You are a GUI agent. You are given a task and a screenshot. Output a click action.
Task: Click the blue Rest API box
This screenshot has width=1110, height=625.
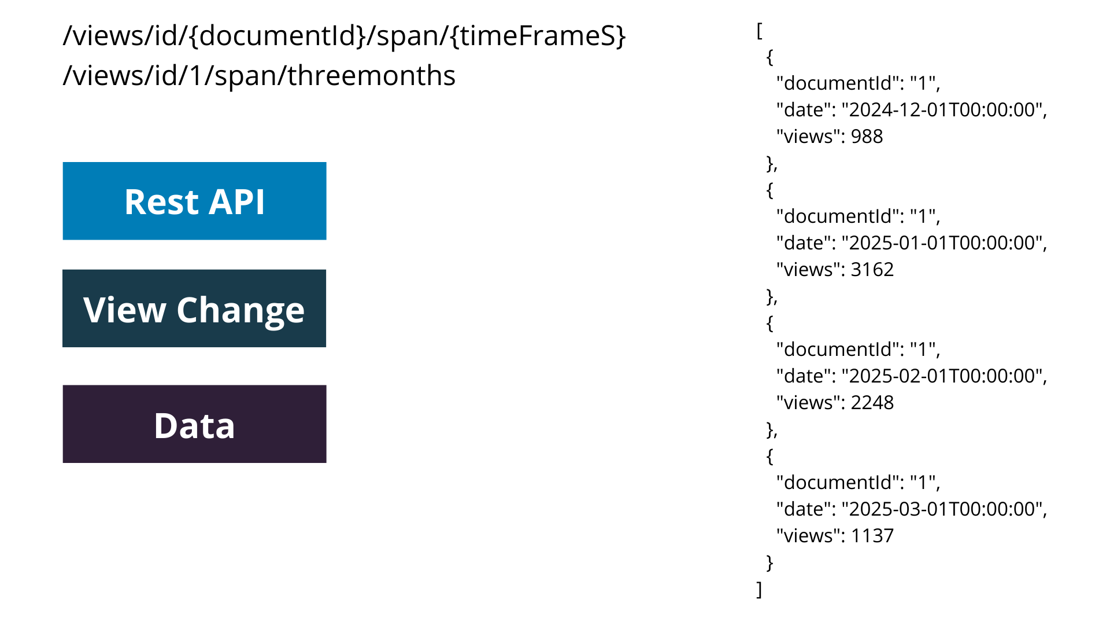(194, 201)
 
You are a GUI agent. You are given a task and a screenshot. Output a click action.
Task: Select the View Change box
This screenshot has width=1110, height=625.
(194, 308)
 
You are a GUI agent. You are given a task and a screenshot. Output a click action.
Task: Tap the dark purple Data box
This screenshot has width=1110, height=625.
(194, 424)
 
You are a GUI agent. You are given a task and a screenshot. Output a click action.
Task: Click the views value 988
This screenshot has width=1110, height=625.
(867, 137)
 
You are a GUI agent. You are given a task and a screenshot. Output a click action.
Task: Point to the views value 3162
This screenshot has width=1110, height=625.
(872, 270)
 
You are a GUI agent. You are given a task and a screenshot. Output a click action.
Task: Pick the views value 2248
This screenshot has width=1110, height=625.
(872, 403)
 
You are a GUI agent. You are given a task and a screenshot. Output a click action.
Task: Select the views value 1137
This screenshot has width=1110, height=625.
(872, 536)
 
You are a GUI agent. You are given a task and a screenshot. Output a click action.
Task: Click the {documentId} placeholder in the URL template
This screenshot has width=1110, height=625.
(277, 36)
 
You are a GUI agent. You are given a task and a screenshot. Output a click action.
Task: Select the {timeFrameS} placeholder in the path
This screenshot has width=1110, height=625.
(538, 36)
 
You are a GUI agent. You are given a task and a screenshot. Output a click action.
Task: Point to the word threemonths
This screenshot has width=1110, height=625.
(372, 76)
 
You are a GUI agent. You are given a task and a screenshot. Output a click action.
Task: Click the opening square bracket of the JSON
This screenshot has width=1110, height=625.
(760, 31)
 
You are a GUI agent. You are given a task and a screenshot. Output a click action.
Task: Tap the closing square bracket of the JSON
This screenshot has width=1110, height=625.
(760, 590)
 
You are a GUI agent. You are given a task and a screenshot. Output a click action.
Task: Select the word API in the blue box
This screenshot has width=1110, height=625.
(236, 202)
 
